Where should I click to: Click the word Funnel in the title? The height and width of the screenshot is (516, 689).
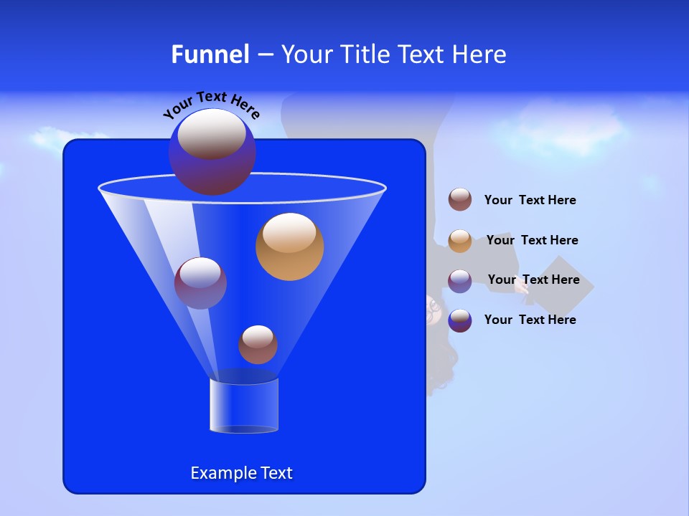(210, 54)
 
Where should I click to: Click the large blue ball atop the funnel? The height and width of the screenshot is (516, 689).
(212, 152)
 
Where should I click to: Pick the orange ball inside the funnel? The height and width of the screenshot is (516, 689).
(289, 247)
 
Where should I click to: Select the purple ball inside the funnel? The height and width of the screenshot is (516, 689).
(200, 283)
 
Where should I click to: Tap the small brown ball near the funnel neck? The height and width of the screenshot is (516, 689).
(258, 345)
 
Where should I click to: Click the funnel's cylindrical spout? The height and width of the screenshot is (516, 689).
(244, 406)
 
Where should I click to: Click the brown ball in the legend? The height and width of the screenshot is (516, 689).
(460, 199)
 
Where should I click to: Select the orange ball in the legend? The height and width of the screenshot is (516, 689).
(460, 241)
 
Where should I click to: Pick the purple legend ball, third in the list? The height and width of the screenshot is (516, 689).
(460, 281)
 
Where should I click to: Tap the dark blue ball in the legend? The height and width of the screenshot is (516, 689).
(460, 320)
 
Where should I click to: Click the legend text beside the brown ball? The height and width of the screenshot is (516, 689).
(530, 200)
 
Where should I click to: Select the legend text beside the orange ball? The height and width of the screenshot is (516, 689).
(532, 240)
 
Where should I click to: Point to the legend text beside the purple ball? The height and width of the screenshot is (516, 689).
(533, 279)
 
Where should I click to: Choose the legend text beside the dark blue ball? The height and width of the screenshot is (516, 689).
(530, 320)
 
